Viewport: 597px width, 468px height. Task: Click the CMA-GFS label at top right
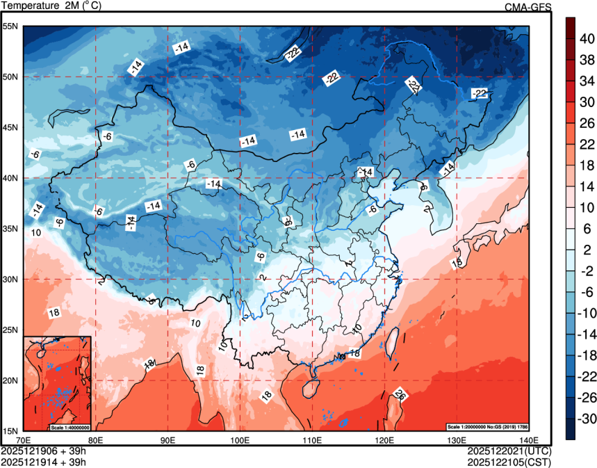click(528, 7)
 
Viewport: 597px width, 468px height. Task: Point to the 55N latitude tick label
click(10, 26)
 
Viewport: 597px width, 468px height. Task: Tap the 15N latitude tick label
click(10, 430)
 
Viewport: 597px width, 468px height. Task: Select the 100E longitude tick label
click(240, 439)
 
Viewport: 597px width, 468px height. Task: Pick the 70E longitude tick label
click(24, 439)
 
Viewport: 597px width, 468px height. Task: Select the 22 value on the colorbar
click(587, 144)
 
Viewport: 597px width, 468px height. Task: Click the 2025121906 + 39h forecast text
click(44, 451)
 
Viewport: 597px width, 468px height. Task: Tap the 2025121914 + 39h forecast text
click(44, 461)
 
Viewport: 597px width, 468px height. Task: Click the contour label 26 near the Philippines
click(400, 395)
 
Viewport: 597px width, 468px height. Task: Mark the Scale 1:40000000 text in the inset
click(69, 426)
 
